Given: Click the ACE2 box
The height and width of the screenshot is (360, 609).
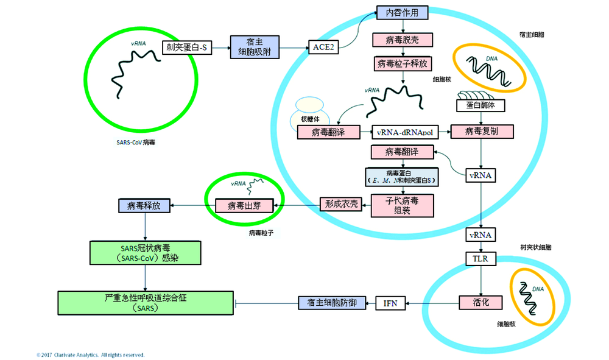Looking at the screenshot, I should [323, 47].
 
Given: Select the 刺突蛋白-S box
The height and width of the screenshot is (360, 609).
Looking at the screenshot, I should [188, 47].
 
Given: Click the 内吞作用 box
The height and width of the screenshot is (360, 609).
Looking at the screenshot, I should [403, 13].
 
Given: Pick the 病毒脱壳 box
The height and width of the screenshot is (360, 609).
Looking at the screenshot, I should [403, 40].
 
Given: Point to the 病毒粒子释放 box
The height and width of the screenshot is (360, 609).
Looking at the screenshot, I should [403, 63].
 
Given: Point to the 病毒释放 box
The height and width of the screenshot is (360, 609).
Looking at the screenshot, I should [144, 205].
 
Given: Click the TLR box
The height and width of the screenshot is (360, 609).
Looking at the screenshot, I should [481, 259].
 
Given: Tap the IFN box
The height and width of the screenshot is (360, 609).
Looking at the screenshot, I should [390, 302].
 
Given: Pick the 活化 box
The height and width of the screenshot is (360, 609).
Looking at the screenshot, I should [481, 302].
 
